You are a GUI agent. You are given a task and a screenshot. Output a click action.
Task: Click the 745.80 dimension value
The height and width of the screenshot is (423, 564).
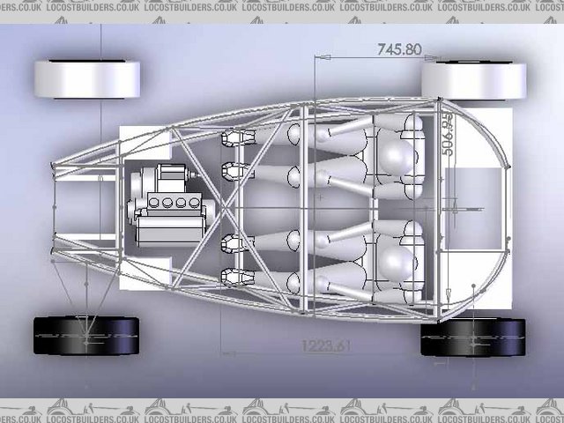click(x=399, y=49)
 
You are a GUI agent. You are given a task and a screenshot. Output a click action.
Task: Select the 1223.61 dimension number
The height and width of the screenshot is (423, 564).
click(x=325, y=345)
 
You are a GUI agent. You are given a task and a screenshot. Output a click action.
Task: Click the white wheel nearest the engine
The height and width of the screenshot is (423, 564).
click(x=86, y=78)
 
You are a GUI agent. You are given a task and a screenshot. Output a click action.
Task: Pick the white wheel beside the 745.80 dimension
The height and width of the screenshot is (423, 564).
click(x=473, y=79)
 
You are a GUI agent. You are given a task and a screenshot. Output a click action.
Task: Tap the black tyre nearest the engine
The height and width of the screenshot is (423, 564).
click(x=86, y=337)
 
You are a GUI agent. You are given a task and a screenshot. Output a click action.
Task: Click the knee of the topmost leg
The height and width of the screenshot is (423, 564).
click(x=297, y=134)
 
